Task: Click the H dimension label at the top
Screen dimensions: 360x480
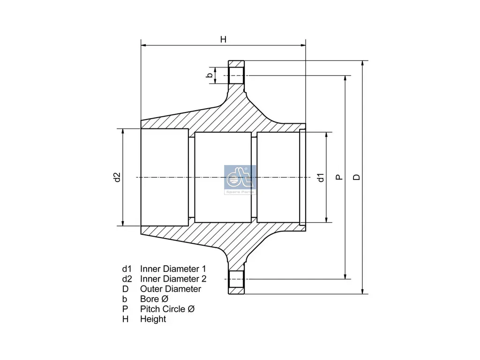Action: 224,39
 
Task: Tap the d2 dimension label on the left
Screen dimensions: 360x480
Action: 117,177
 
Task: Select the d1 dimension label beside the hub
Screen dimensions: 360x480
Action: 321,177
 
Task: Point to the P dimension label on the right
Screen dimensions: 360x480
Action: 339,177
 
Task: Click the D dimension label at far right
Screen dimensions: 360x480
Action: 357,177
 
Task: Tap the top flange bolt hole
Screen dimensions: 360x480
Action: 236,75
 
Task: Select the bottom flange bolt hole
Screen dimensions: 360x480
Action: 236,279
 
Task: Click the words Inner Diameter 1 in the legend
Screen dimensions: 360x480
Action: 173,269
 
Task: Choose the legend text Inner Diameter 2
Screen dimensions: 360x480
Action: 173,279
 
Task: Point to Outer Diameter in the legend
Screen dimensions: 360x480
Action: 170,289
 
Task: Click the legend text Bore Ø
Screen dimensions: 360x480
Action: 154,299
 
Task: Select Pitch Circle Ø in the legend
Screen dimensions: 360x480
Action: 167,309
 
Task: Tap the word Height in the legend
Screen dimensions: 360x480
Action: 153,319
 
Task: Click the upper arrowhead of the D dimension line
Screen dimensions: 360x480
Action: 362,63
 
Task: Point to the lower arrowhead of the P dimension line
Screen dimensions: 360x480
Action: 345,276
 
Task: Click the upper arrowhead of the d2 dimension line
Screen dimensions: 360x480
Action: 123,131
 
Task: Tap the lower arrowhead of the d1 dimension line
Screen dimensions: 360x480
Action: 326,219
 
